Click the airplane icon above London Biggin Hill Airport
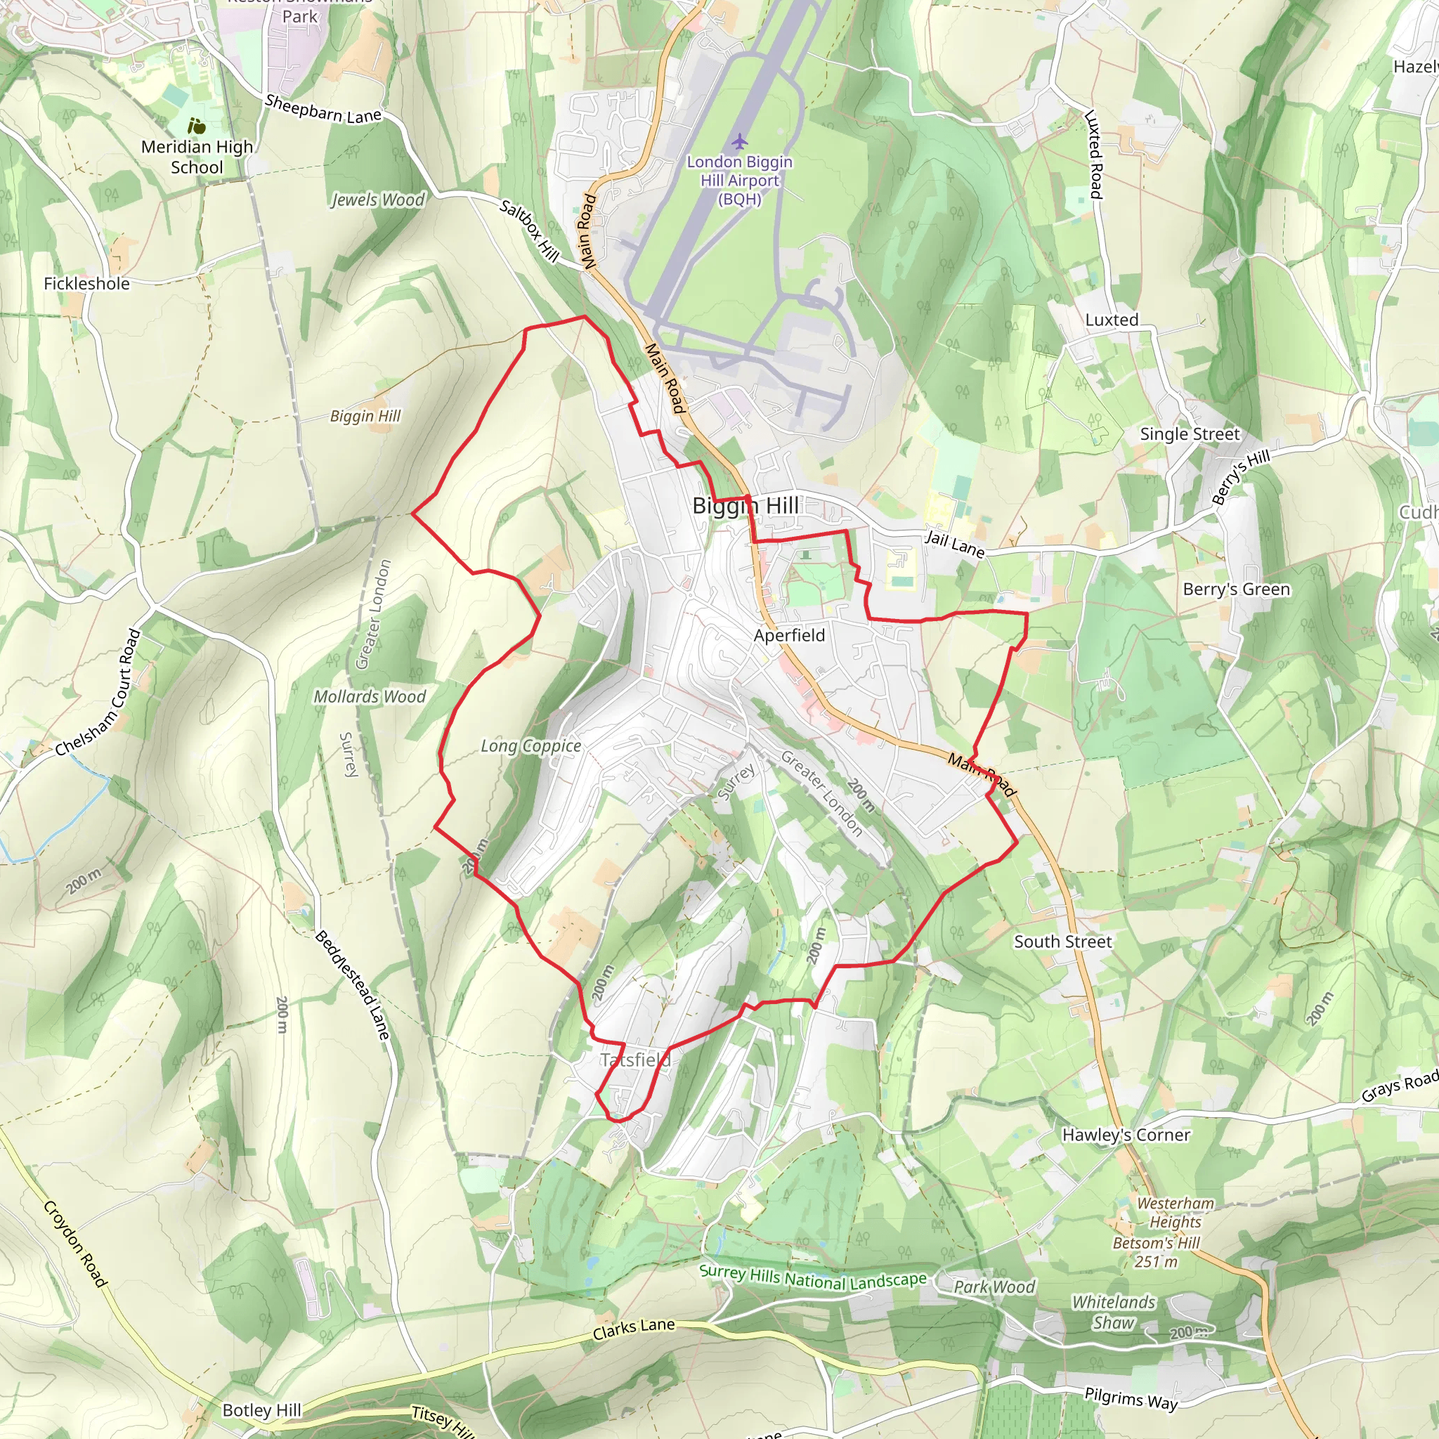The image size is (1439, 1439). (x=738, y=141)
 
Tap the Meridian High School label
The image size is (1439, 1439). (x=197, y=157)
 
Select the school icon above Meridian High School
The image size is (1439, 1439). (x=197, y=126)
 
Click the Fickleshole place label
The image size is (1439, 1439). (x=86, y=284)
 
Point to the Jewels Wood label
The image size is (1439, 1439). (x=377, y=200)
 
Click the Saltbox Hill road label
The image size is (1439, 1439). (x=529, y=231)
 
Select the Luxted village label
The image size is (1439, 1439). (x=1112, y=320)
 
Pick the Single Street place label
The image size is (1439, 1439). (x=1190, y=434)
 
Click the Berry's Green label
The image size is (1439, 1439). (x=1237, y=589)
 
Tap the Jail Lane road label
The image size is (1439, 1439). (x=955, y=545)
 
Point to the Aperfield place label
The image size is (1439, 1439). (x=789, y=635)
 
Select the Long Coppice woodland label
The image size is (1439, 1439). (x=530, y=745)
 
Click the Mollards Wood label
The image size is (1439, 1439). (x=370, y=696)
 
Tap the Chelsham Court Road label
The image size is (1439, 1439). (x=99, y=694)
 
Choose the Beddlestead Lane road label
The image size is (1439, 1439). (x=352, y=984)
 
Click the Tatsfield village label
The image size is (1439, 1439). (x=634, y=1060)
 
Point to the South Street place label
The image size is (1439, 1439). (x=1062, y=942)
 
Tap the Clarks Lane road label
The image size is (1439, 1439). (x=634, y=1329)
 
